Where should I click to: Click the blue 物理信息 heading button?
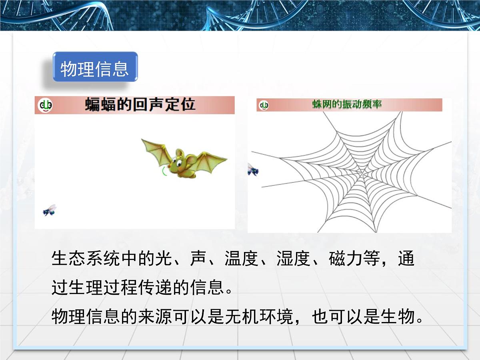click(95, 68)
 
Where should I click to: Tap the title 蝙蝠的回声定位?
click(140, 105)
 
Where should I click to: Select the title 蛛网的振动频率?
click(347, 105)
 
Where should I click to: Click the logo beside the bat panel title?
click(45, 105)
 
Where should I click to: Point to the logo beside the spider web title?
click(264, 105)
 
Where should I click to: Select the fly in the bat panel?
click(50, 210)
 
